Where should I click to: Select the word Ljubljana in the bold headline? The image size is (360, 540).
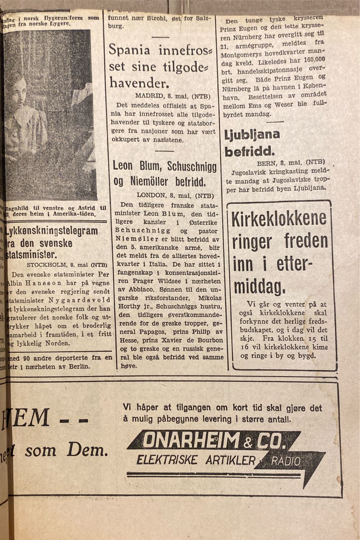pyautogui.click(x=252, y=135)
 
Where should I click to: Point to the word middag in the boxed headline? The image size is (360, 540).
pyautogui.click(x=259, y=285)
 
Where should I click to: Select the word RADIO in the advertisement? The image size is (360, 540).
pyautogui.click(x=286, y=461)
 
